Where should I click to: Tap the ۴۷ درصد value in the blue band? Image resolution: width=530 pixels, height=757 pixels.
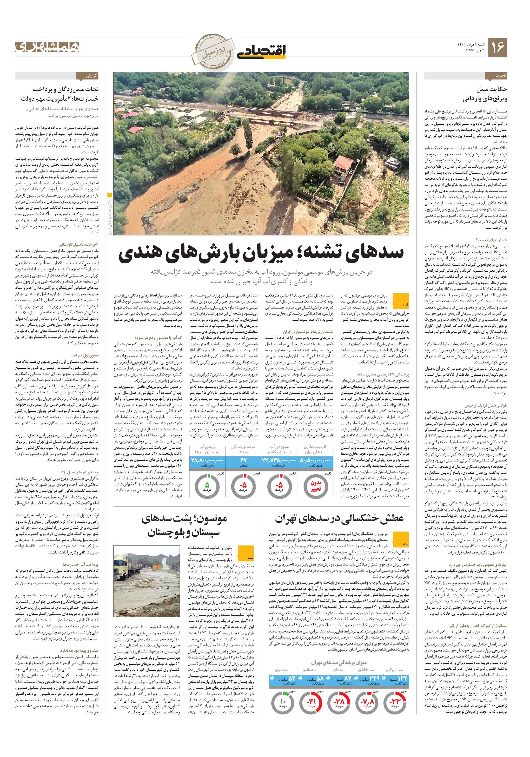(243, 460)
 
